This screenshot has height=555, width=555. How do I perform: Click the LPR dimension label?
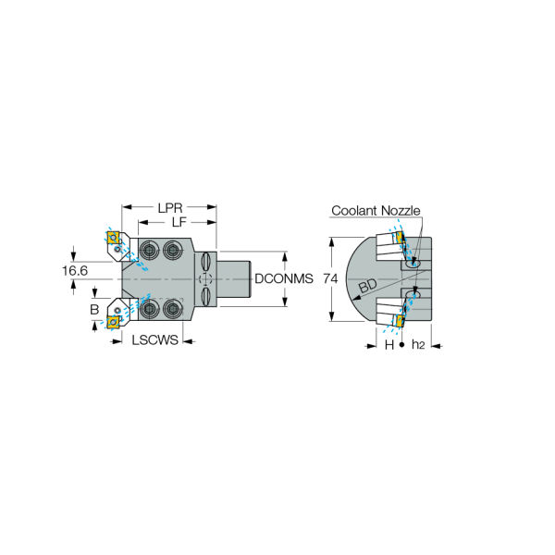point(170,208)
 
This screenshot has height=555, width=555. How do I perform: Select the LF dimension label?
point(179,222)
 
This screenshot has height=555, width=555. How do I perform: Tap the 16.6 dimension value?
point(75,271)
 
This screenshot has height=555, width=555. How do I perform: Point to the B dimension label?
point(94,309)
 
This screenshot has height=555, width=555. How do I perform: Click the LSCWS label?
point(155,340)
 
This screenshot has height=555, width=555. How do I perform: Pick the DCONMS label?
point(284,279)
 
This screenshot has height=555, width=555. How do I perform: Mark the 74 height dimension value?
point(330,279)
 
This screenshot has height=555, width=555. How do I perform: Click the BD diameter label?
point(368,286)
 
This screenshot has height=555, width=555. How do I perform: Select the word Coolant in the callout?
point(354,211)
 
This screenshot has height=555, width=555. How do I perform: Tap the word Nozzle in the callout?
point(401,211)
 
